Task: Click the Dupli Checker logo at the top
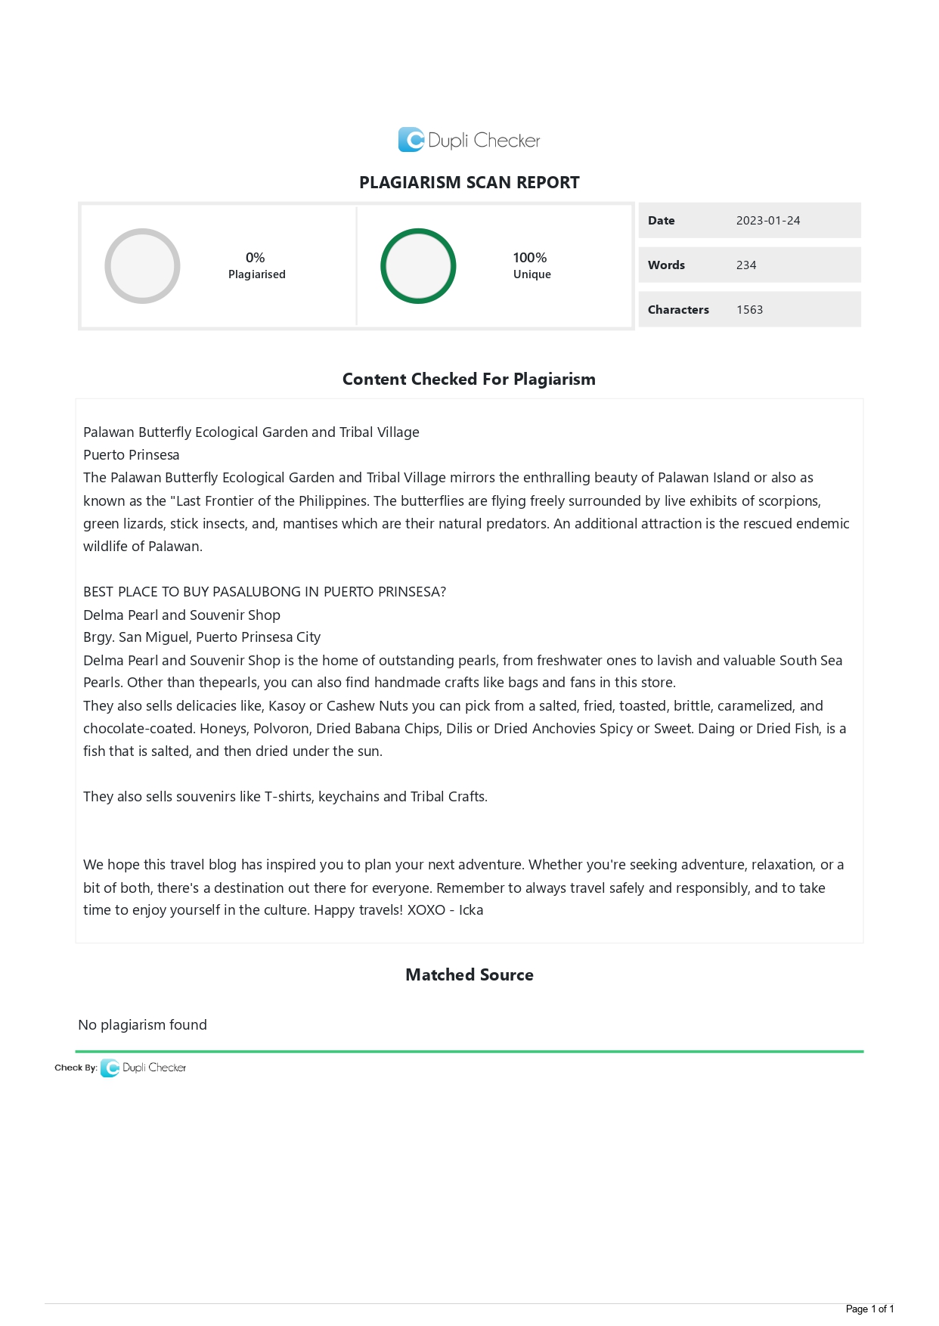[x=469, y=140]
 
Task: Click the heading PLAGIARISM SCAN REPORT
[x=469, y=182]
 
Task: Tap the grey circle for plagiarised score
[x=142, y=266]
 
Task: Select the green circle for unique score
[x=418, y=266]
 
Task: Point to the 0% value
[x=256, y=258]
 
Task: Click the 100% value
[x=529, y=258]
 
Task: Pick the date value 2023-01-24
[x=767, y=221]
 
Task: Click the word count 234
[x=746, y=265]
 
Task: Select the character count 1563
[x=749, y=310]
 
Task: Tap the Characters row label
[x=678, y=310]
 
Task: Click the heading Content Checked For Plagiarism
[x=469, y=380]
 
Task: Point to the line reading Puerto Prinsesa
[x=132, y=455]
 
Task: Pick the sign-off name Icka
[x=471, y=910]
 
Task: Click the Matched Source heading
[x=469, y=975]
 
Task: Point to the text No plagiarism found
[x=143, y=1025]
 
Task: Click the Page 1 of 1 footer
[x=869, y=1309]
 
